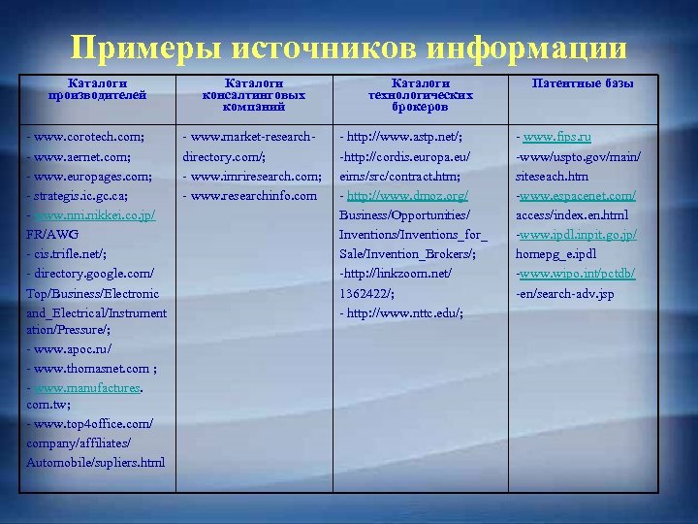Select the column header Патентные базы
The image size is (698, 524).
click(584, 83)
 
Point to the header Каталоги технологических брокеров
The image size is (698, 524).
click(421, 95)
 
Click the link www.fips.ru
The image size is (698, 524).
click(557, 136)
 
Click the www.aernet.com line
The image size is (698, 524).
click(82, 155)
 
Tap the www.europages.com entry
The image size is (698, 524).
click(90, 176)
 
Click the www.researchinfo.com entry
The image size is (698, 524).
click(254, 195)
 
